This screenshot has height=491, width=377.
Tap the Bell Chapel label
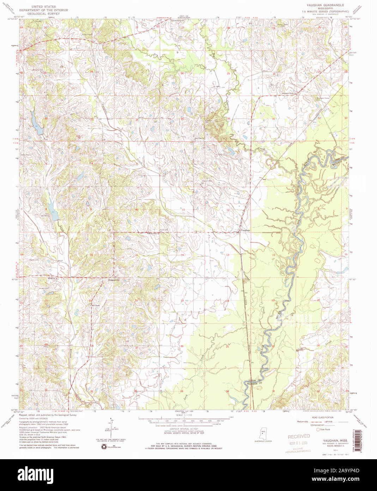[x=96, y=306]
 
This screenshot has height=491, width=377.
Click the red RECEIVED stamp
[x=299, y=437]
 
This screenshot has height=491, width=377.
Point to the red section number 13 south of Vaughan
[x=228, y=255]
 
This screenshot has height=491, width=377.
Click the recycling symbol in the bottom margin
[x=104, y=447]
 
